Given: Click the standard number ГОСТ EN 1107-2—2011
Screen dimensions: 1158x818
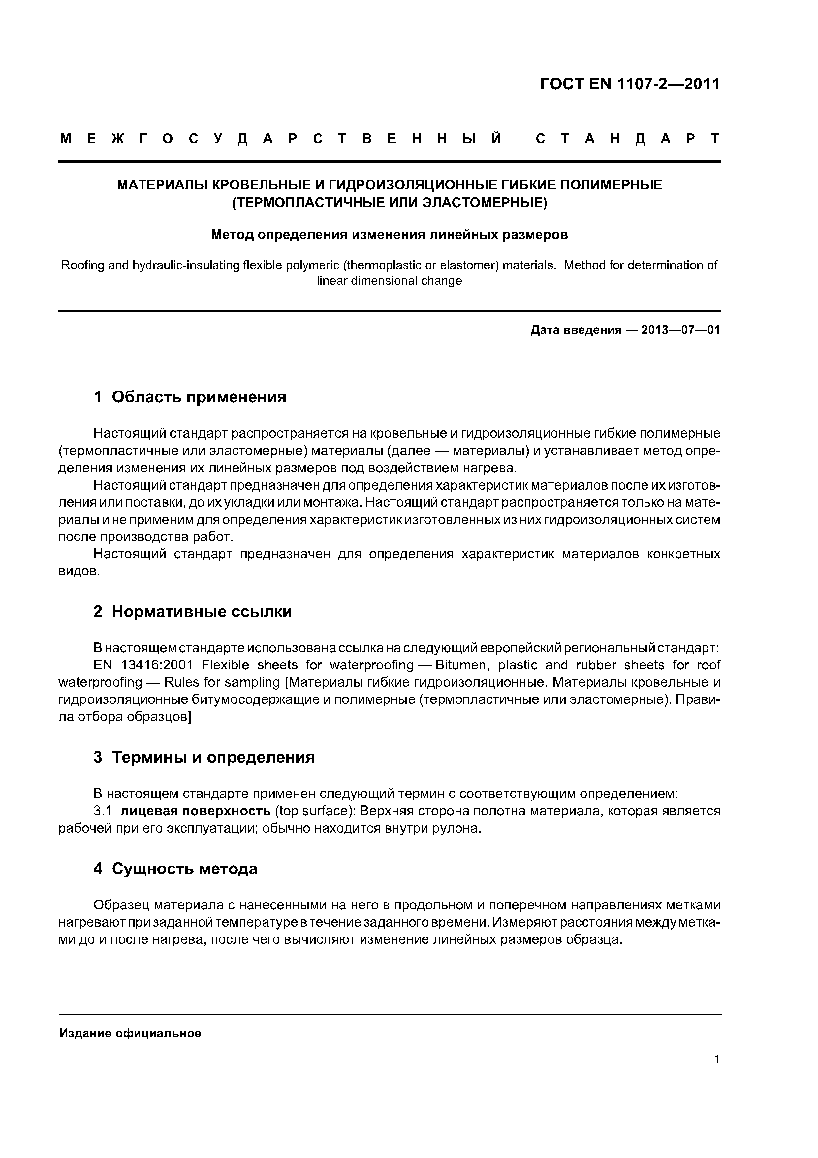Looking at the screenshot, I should point(630,84).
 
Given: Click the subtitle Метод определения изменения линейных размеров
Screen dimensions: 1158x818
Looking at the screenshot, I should point(389,234).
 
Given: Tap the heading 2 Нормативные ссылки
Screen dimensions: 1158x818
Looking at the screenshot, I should point(193,612).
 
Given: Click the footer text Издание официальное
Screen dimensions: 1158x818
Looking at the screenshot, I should point(130,1034).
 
